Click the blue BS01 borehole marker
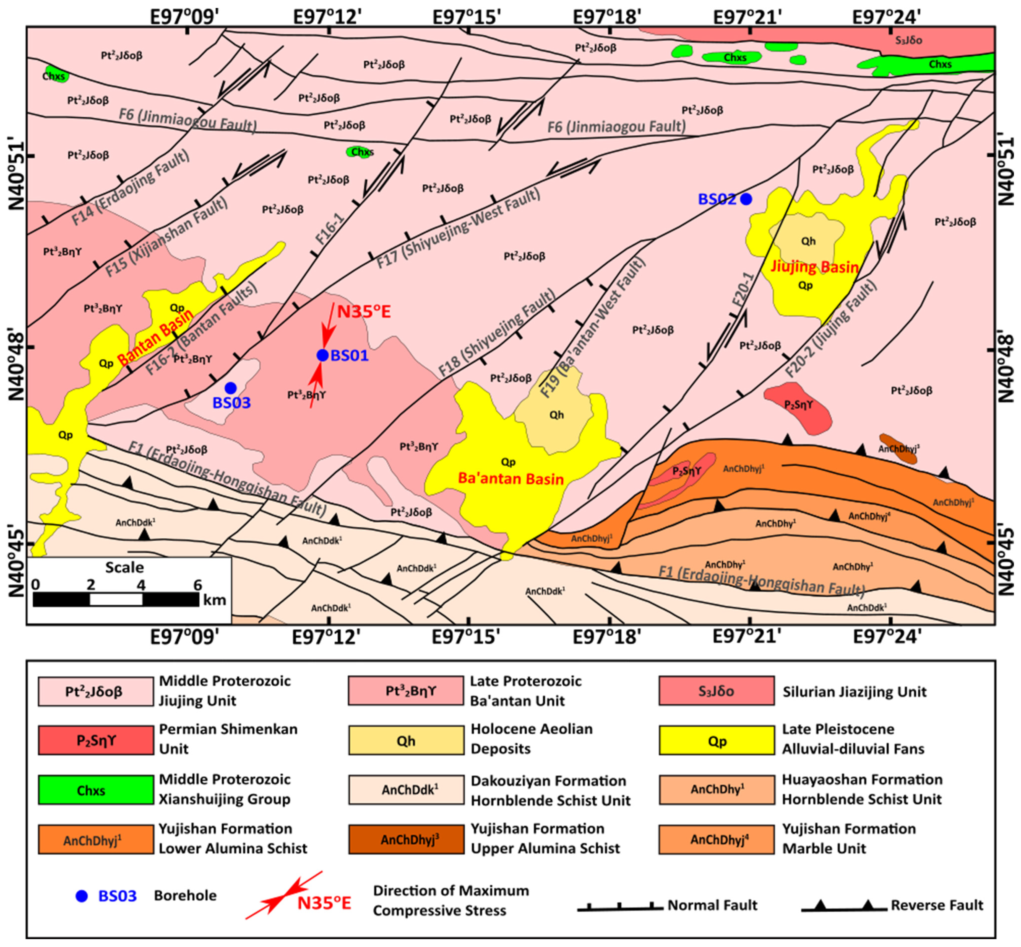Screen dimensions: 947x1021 [x=322, y=355]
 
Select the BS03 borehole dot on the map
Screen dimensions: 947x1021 [x=230, y=388]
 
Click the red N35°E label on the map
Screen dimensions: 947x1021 [x=364, y=311]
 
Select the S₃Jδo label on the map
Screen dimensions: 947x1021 [x=909, y=40]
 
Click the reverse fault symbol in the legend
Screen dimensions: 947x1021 [x=843, y=906]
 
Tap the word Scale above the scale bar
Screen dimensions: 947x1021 [x=124, y=567]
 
